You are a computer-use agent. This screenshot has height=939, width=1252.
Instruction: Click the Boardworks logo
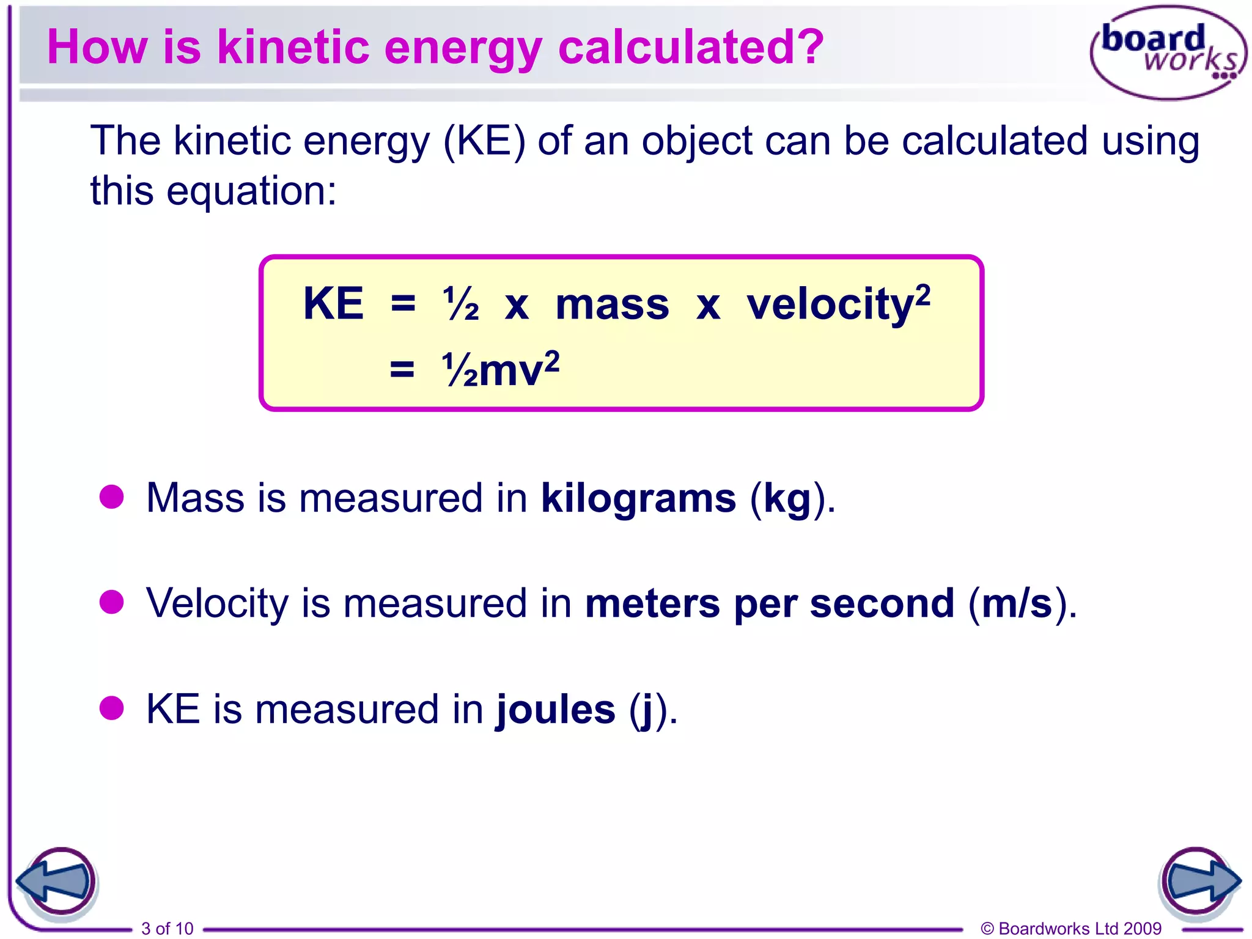[x=1168, y=53]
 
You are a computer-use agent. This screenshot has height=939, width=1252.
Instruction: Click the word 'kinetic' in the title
[x=293, y=47]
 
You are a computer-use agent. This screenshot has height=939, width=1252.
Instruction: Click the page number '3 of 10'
[x=167, y=928]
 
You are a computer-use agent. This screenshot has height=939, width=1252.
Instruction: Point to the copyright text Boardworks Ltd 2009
[x=1071, y=928]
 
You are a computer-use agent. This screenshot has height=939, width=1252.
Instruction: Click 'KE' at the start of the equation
[x=333, y=303]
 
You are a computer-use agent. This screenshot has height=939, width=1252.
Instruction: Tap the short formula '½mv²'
[x=500, y=370]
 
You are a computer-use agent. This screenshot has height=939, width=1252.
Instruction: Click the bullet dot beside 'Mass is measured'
[x=112, y=496]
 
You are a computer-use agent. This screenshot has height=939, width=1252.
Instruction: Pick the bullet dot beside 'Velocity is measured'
[x=112, y=602]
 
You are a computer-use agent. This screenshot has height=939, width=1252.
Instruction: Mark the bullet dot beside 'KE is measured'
[x=112, y=708]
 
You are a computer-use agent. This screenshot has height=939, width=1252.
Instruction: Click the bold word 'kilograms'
[x=638, y=498]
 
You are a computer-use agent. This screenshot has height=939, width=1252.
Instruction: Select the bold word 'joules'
[x=556, y=710]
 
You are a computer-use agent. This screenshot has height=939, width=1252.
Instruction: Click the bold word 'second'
[x=882, y=603]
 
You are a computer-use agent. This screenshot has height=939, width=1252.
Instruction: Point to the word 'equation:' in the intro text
[x=251, y=191]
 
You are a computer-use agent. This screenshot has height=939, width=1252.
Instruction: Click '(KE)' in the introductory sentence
[x=484, y=141]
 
